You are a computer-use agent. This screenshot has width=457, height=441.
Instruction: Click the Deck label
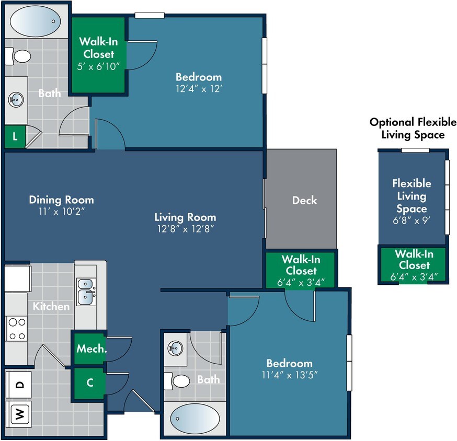click(x=304, y=200)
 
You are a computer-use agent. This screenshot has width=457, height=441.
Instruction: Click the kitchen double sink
click(x=86, y=291)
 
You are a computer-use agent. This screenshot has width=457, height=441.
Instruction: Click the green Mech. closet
click(x=91, y=349)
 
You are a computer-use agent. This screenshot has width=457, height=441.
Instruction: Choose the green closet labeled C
click(x=89, y=382)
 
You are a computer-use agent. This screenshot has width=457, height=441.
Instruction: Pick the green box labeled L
click(x=15, y=137)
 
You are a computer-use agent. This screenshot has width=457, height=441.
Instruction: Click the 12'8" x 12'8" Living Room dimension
click(x=185, y=228)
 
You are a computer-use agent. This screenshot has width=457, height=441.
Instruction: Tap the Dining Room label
click(x=61, y=200)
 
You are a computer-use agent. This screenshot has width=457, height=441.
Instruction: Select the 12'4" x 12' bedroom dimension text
click(x=198, y=89)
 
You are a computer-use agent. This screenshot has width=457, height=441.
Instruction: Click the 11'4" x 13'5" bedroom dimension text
click(x=289, y=375)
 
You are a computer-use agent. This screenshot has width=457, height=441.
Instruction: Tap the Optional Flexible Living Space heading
click(x=413, y=129)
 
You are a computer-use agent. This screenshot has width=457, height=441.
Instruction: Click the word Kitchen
click(x=51, y=306)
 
